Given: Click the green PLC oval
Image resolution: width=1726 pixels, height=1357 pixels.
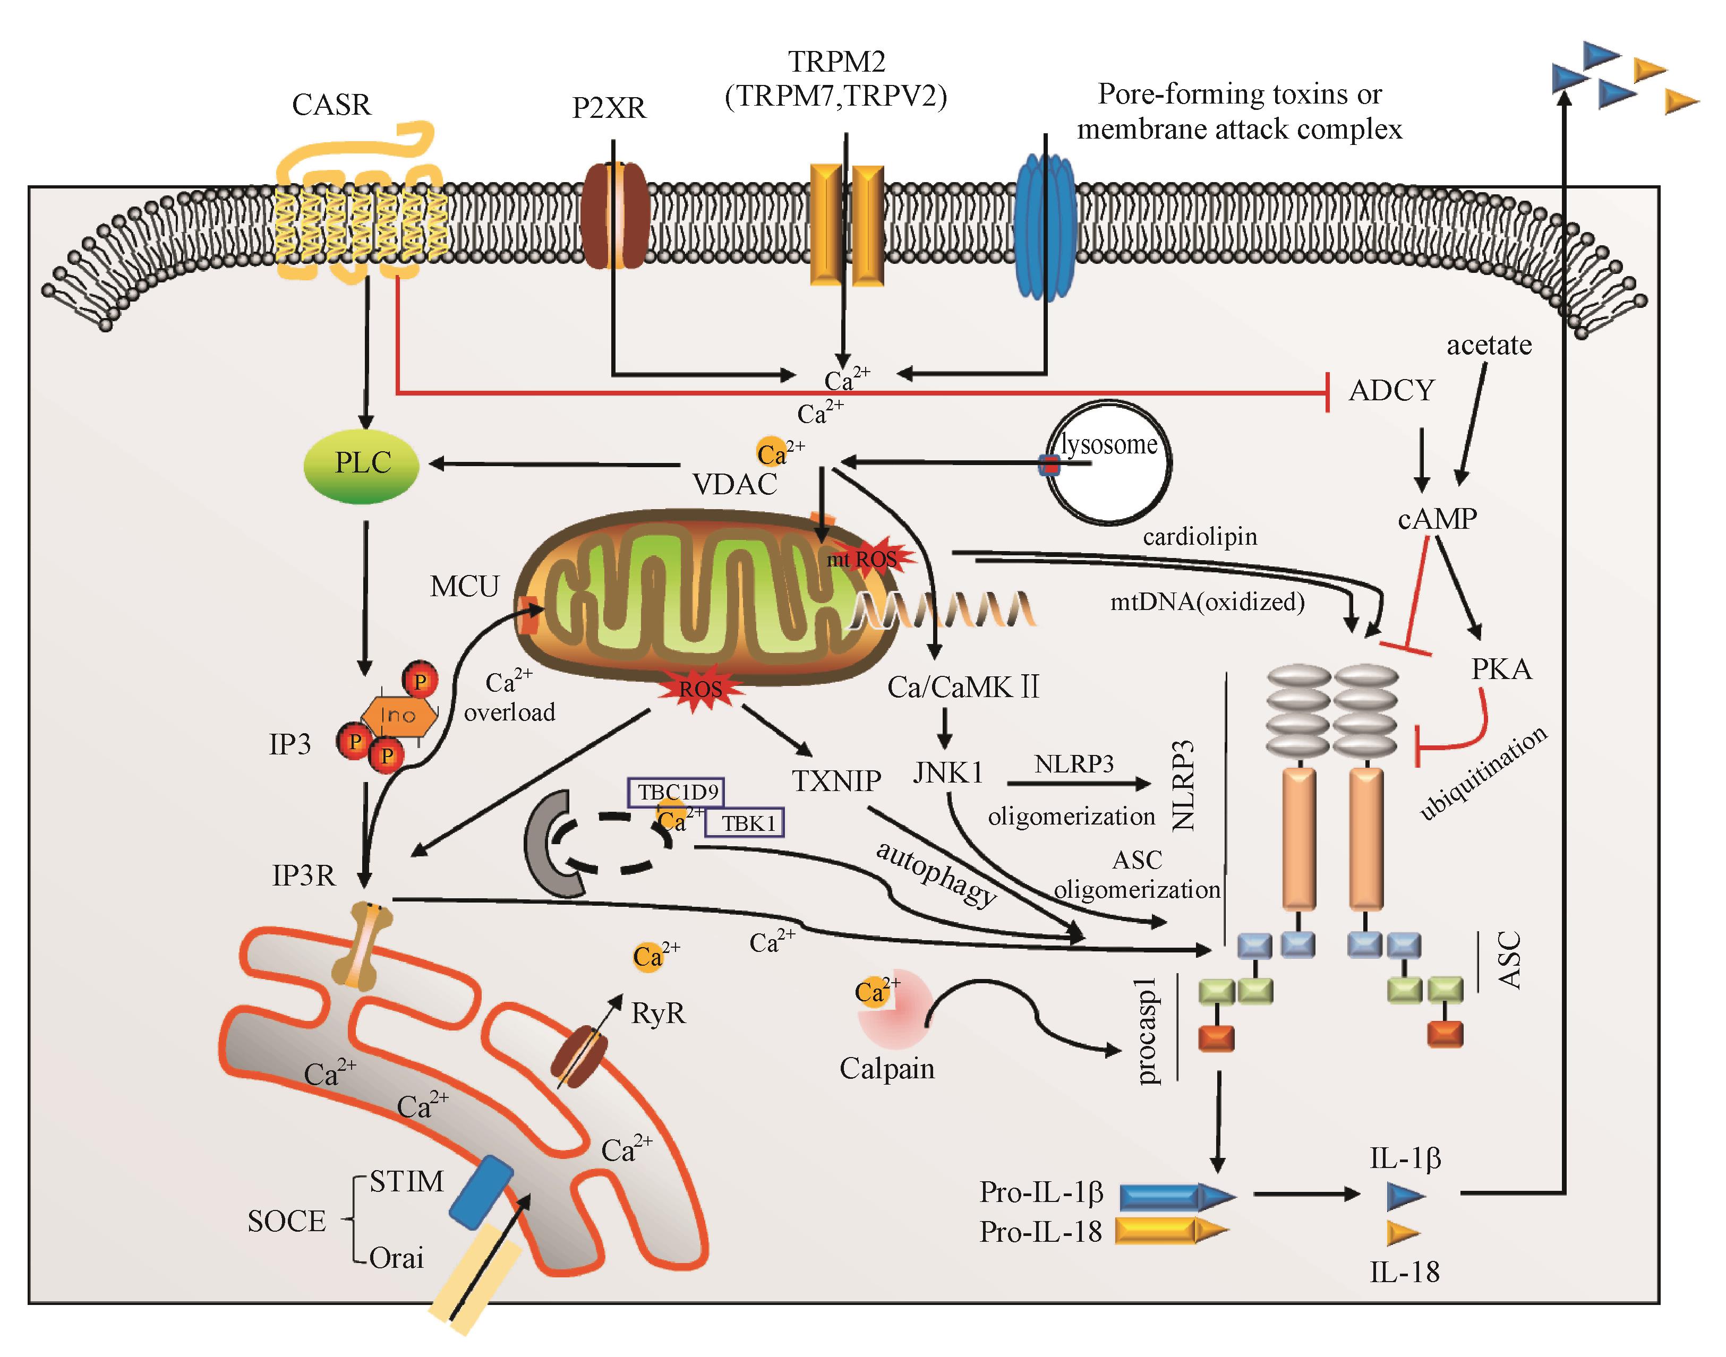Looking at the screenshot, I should point(362,465).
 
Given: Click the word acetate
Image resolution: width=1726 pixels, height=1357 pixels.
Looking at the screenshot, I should point(1489,346).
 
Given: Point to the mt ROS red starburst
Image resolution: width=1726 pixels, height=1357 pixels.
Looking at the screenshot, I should point(866,560).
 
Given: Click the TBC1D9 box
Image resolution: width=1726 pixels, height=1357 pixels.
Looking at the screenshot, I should point(676,792).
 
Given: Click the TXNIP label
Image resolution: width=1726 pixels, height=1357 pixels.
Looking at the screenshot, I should point(836,781).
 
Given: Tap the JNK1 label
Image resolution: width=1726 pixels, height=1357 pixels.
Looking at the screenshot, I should point(947,772).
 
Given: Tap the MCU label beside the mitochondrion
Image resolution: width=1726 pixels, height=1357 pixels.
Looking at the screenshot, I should point(464,587).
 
